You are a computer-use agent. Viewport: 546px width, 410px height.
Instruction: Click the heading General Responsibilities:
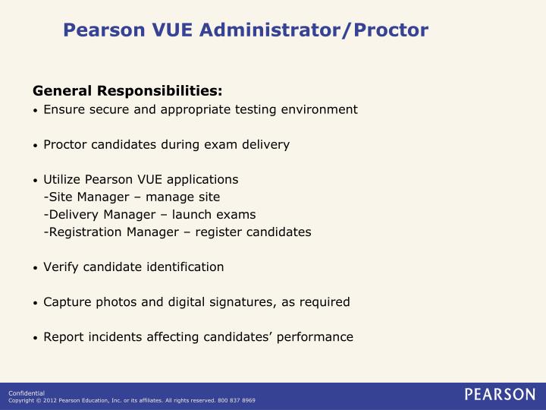click(x=127, y=91)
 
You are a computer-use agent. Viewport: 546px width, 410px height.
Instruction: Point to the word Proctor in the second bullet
click(x=65, y=144)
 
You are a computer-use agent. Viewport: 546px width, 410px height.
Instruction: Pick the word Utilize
click(x=61, y=180)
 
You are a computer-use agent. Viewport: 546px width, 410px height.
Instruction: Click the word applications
click(x=202, y=180)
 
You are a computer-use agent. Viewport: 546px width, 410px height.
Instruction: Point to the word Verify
click(x=60, y=267)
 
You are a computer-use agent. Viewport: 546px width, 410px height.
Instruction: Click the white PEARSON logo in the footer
click(x=499, y=395)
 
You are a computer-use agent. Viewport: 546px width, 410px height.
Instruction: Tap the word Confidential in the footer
click(x=27, y=393)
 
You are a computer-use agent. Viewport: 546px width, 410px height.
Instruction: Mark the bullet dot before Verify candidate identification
click(x=36, y=268)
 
